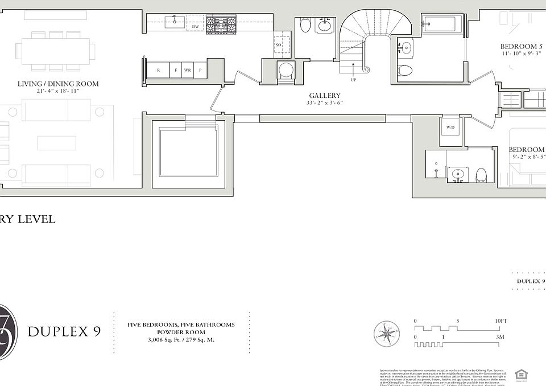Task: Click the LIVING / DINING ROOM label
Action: tap(57, 84)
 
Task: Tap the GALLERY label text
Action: tap(325, 96)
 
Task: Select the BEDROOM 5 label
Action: tap(522, 46)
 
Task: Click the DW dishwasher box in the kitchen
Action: tap(195, 27)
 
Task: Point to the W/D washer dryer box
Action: tap(450, 127)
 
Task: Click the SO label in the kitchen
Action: tap(279, 45)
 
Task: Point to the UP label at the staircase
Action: tap(353, 80)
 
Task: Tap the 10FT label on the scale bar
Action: tap(500, 321)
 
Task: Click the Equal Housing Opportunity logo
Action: tap(520, 374)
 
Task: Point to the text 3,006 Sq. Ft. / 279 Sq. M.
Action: tap(181, 340)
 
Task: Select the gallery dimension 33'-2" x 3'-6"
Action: tap(325, 104)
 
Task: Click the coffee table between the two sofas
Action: tap(56, 142)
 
